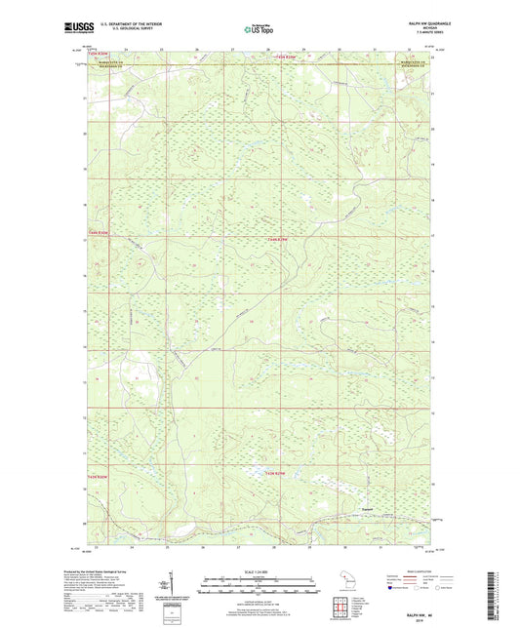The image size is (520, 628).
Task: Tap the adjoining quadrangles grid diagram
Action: click(x=344, y=610)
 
